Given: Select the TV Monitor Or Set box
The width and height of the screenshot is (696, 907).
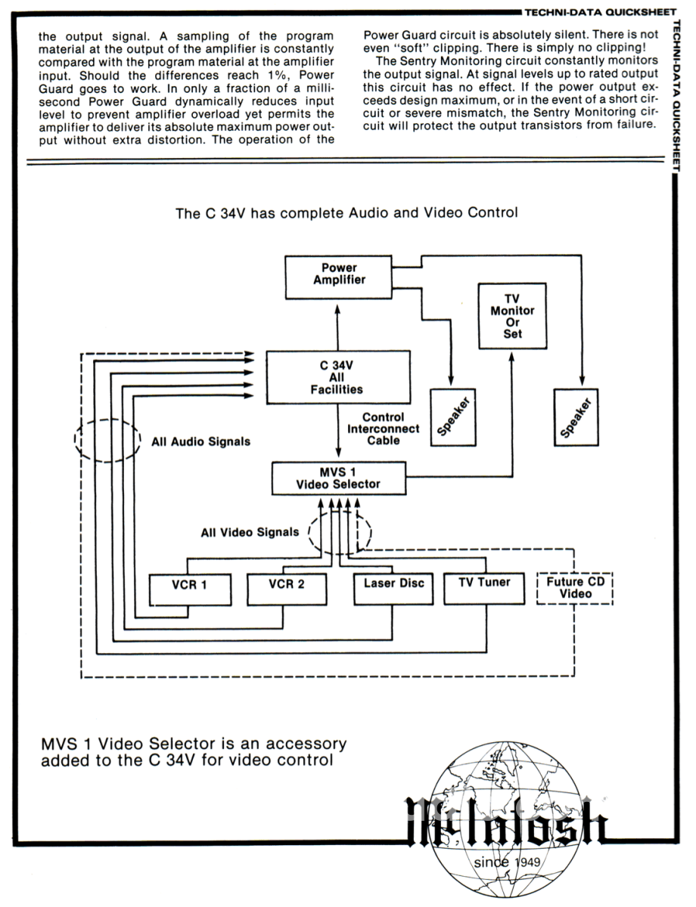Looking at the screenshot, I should point(512,316).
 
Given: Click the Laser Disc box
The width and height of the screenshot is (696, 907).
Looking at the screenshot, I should point(393,587).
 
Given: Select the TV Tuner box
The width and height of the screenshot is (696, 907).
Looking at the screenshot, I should point(484,587).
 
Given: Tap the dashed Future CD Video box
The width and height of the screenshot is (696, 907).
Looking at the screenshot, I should point(575,588).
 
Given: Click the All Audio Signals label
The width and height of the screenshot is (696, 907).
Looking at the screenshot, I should point(200,441).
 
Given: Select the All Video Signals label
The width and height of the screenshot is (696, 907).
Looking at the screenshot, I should point(250,532).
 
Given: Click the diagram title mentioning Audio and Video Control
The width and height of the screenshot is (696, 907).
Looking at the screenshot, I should point(346,213).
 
